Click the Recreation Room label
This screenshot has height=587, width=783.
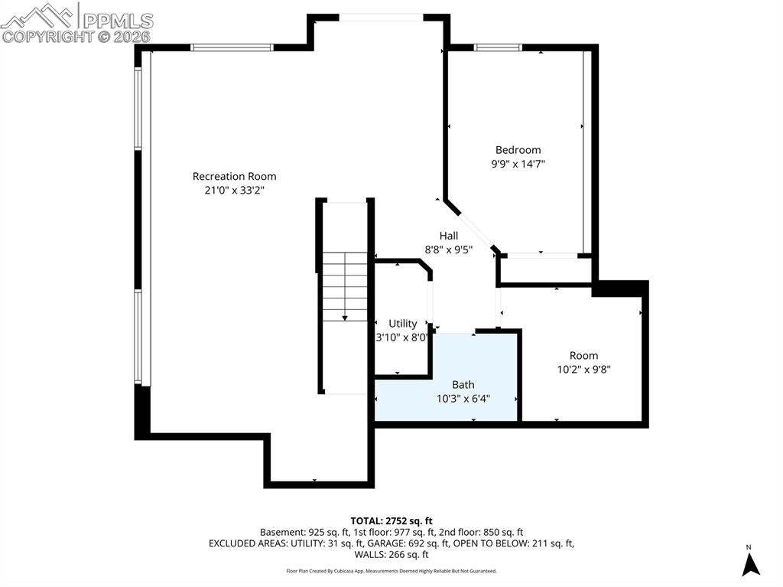[x=234, y=176]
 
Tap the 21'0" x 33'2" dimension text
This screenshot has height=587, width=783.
[x=234, y=191]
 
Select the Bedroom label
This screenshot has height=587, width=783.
[x=518, y=150]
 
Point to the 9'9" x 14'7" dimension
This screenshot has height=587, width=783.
[x=518, y=164]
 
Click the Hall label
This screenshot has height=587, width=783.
[x=449, y=235]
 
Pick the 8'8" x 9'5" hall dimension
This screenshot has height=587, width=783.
[x=449, y=249]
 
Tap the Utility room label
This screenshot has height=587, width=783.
[x=403, y=323]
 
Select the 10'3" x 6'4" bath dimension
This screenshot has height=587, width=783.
[x=463, y=398]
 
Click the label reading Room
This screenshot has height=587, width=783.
[x=583, y=355]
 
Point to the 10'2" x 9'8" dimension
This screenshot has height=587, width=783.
[x=583, y=369]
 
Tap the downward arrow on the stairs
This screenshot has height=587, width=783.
[x=345, y=316]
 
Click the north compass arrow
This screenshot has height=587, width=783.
[x=751, y=564]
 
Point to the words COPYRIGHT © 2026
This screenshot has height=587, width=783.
[x=76, y=36]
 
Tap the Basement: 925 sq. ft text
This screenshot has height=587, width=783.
[x=304, y=532]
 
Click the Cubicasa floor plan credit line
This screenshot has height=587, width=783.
[x=391, y=571]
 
